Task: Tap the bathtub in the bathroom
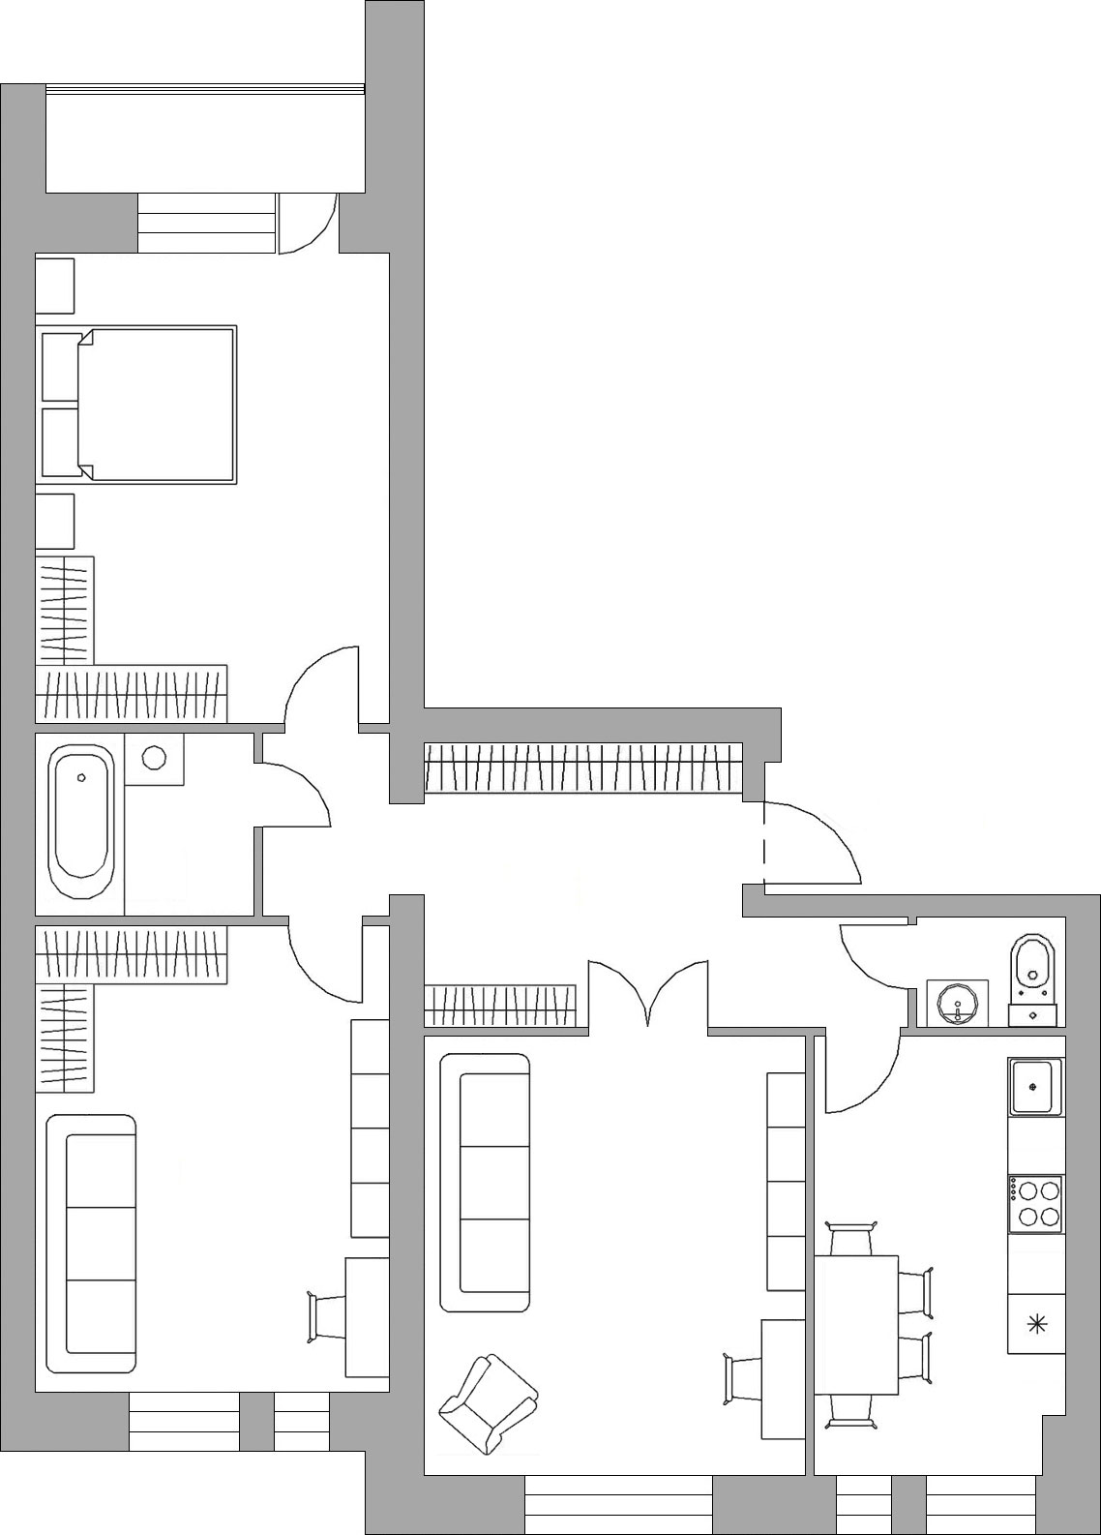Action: coord(82,823)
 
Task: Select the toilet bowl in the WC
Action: coord(1033,968)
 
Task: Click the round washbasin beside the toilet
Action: coord(958,1003)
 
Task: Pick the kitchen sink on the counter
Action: coord(1035,1087)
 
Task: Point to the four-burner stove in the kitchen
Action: coord(1035,1203)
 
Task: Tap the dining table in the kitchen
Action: coord(855,1324)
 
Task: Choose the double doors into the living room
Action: coord(648,992)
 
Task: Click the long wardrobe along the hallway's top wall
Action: coord(583,768)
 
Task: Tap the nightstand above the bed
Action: coord(55,285)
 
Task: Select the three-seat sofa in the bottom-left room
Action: coord(91,1244)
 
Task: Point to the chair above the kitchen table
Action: coord(852,1238)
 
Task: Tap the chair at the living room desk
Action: coord(743,1378)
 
